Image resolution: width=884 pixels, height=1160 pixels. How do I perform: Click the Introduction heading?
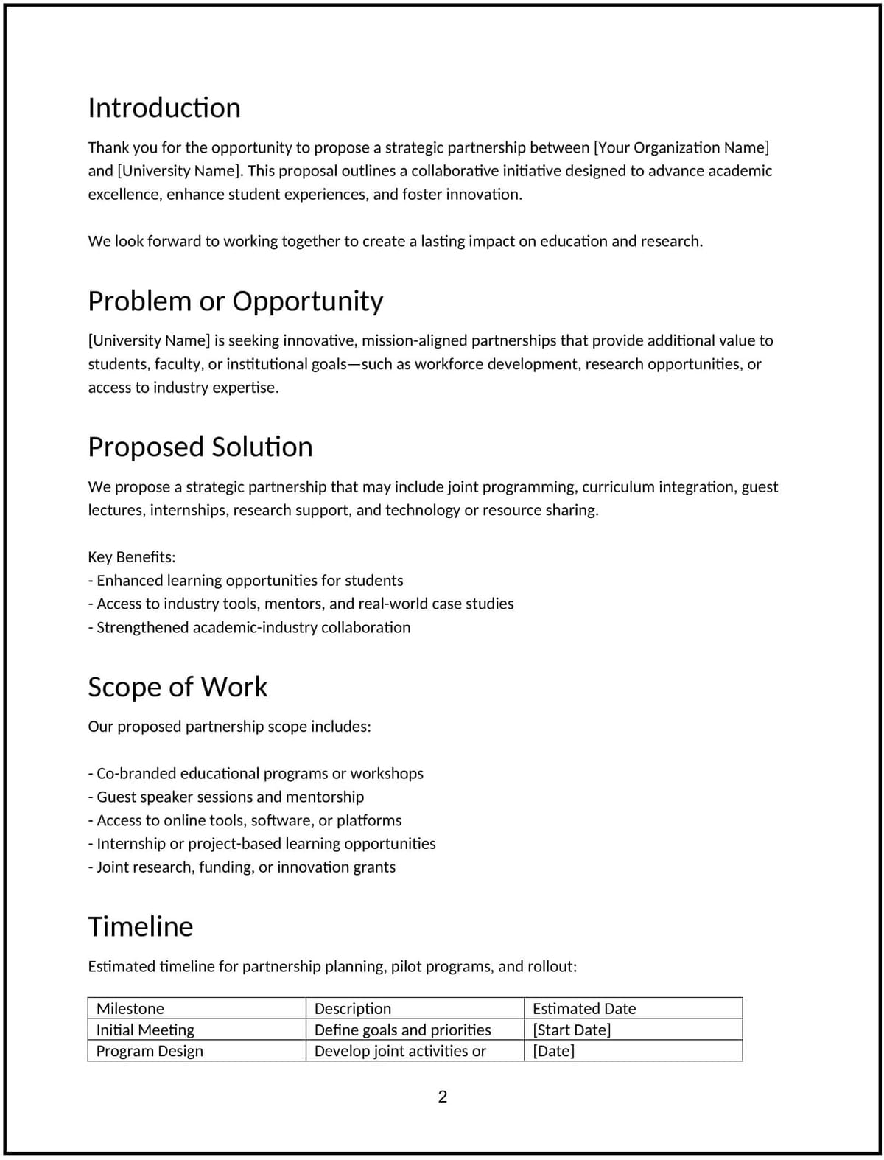point(164,108)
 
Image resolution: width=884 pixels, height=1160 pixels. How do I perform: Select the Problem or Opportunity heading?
point(236,301)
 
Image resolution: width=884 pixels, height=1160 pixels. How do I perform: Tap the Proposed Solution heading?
point(200,447)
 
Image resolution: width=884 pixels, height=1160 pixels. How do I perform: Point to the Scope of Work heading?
point(178,687)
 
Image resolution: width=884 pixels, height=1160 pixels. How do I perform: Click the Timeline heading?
point(141,926)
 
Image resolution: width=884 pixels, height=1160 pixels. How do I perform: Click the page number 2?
point(443,1097)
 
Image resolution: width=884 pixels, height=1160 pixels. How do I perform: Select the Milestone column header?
point(130,1008)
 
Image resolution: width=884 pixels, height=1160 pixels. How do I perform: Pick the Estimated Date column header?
point(584,1008)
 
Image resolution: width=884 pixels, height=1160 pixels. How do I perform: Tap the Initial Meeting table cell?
point(145,1030)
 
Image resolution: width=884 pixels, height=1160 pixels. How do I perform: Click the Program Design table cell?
point(150,1051)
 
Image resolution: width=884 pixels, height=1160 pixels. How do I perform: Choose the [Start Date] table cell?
point(572,1030)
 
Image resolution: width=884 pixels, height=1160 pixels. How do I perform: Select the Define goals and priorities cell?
point(402,1030)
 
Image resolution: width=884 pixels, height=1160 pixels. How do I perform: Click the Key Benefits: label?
point(132,556)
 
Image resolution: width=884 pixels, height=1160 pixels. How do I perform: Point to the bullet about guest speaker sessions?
point(226,797)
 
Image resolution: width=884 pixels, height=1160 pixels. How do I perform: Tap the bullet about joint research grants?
point(242,867)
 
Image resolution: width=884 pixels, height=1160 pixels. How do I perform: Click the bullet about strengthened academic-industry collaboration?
point(250,627)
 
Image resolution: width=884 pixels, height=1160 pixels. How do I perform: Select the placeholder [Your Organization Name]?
point(681,147)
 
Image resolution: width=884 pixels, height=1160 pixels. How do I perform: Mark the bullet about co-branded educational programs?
point(256,773)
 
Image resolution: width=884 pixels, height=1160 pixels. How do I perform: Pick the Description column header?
point(353,1008)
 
